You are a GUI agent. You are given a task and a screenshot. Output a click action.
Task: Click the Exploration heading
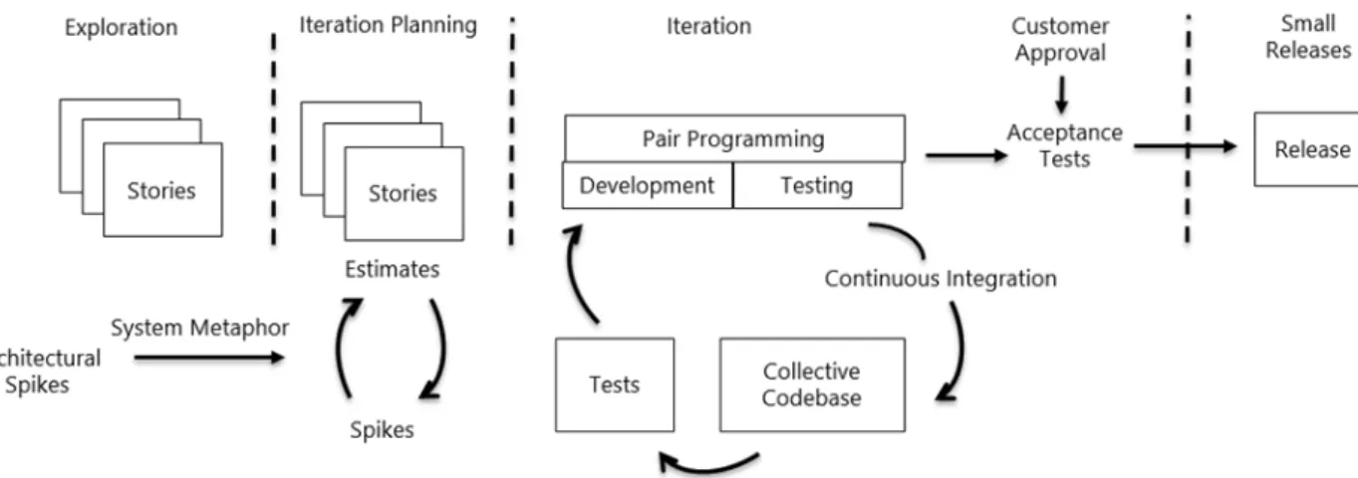[122, 28]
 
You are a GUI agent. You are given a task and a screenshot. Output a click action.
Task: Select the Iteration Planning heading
[388, 26]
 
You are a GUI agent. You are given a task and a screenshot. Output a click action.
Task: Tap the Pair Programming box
[734, 138]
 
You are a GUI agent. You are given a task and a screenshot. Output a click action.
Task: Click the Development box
[648, 185]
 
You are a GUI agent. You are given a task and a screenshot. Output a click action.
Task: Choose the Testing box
[817, 185]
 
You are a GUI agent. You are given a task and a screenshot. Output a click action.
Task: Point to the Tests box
[615, 384]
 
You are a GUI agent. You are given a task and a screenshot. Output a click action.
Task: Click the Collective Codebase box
[812, 384]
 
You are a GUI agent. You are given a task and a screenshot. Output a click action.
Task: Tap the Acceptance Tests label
[1064, 145]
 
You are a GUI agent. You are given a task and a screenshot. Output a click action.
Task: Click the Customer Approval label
[1060, 40]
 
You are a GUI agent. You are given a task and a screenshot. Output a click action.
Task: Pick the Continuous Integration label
[941, 279]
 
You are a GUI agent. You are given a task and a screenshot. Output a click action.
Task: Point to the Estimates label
[393, 269]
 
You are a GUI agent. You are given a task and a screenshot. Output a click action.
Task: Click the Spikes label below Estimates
[382, 429]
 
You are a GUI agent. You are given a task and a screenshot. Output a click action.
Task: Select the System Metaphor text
[199, 328]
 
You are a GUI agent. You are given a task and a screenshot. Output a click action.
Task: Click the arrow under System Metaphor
[209, 358]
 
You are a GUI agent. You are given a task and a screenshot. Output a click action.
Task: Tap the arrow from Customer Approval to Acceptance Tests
[1061, 95]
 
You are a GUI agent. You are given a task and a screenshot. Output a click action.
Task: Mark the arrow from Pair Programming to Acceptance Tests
[966, 155]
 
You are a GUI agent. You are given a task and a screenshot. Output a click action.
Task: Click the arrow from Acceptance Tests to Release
[1186, 146]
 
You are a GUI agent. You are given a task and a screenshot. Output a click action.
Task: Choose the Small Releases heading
[1308, 37]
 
